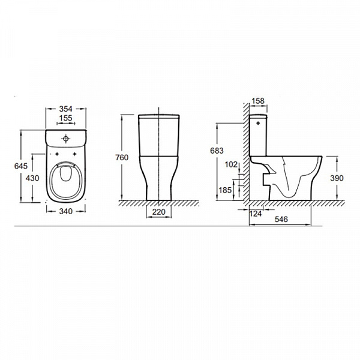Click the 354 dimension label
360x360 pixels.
click(x=65, y=109)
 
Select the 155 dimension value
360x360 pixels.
click(x=65, y=118)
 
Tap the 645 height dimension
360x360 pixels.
click(x=20, y=166)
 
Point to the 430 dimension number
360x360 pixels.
click(x=32, y=178)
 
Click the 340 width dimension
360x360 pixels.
click(x=66, y=211)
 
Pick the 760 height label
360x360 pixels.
click(x=122, y=157)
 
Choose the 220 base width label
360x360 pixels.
click(x=159, y=212)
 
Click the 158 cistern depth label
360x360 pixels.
click(x=258, y=101)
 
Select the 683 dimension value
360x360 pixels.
click(x=217, y=151)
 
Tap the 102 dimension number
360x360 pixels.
click(x=231, y=164)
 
